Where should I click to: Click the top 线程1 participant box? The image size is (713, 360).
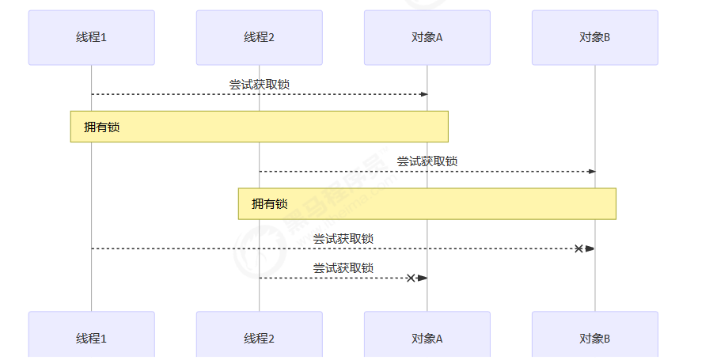pos(91,37)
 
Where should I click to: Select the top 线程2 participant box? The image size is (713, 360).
pos(259,37)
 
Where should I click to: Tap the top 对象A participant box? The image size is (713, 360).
pos(427,37)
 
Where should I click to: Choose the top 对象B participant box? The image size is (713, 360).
pos(595,37)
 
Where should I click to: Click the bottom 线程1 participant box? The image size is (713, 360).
pos(91,338)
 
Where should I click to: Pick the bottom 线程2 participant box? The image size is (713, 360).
pos(259,338)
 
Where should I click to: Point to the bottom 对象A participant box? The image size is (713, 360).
pos(427,338)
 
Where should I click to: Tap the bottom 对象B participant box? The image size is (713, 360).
pos(595,338)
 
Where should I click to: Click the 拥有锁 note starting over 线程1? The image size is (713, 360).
pos(259,127)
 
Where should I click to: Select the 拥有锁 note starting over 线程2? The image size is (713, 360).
pos(427,203)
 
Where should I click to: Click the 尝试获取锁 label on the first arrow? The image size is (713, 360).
pos(259,85)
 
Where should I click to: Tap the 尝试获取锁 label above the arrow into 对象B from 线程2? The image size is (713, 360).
pos(427,161)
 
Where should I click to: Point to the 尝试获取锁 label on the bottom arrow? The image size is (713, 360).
pos(343,268)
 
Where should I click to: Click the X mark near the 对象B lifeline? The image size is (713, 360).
pos(578,248)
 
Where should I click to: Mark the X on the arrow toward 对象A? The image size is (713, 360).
pos(411,278)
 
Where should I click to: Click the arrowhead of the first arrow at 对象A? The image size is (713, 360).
pos(424,94)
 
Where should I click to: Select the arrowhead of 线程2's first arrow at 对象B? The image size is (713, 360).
pos(592,172)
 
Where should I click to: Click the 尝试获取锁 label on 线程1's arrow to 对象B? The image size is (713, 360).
pos(343,238)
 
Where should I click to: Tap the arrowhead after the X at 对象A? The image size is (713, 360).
pos(423,278)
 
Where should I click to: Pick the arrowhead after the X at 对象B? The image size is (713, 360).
pos(590,248)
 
